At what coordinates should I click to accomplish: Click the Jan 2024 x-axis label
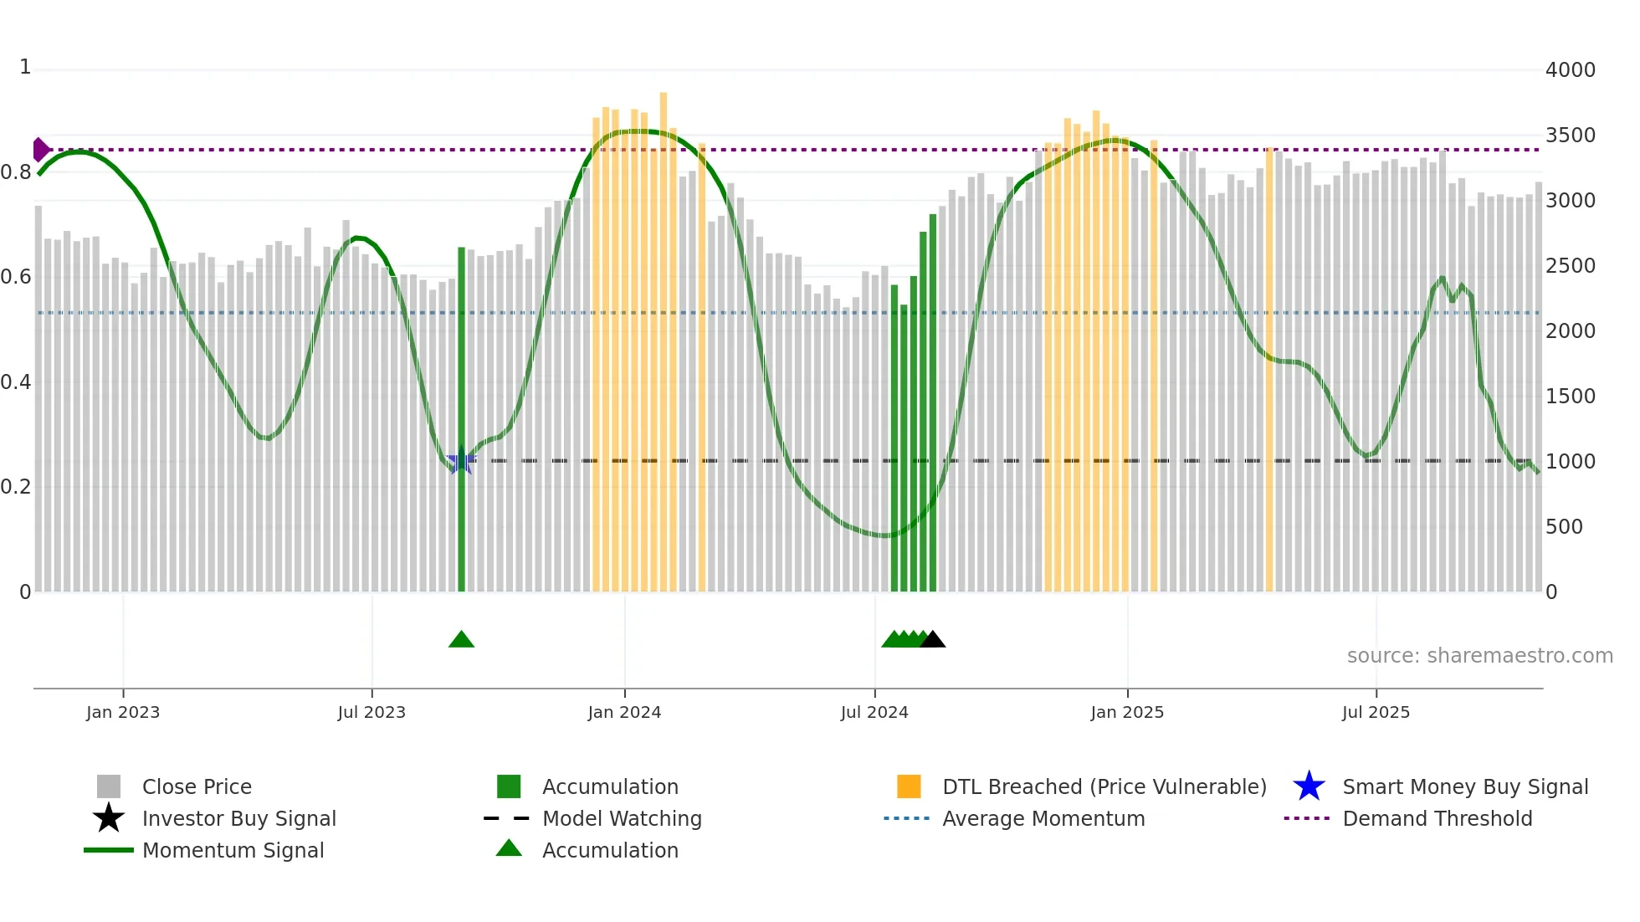point(624,712)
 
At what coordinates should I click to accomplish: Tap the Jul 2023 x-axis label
point(372,712)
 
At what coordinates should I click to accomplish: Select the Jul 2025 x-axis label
point(1376,712)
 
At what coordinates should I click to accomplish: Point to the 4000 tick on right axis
point(1570,70)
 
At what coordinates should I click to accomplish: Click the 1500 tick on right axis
point(1570,397)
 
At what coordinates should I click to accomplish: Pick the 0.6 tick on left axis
point(16,277)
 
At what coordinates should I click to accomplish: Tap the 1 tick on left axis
point(25,67)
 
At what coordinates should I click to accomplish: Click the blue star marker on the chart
point(460,460)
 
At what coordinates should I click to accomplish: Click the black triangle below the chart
point(932,640)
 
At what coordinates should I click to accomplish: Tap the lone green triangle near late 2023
point(461,640)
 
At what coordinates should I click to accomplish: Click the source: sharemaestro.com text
point(1479,656)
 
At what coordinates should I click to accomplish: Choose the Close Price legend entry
point(197,786)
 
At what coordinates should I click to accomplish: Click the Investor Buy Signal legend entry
point(238,818)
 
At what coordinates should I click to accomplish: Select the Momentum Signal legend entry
point(233,850)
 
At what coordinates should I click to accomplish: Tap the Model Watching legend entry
point(622,818)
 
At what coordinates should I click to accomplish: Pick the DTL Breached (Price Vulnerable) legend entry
point(1104,786)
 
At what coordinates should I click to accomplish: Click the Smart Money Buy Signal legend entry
point(1465,786)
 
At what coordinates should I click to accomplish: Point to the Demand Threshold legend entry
point(1437,818)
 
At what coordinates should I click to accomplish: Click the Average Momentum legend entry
point(1043,818)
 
